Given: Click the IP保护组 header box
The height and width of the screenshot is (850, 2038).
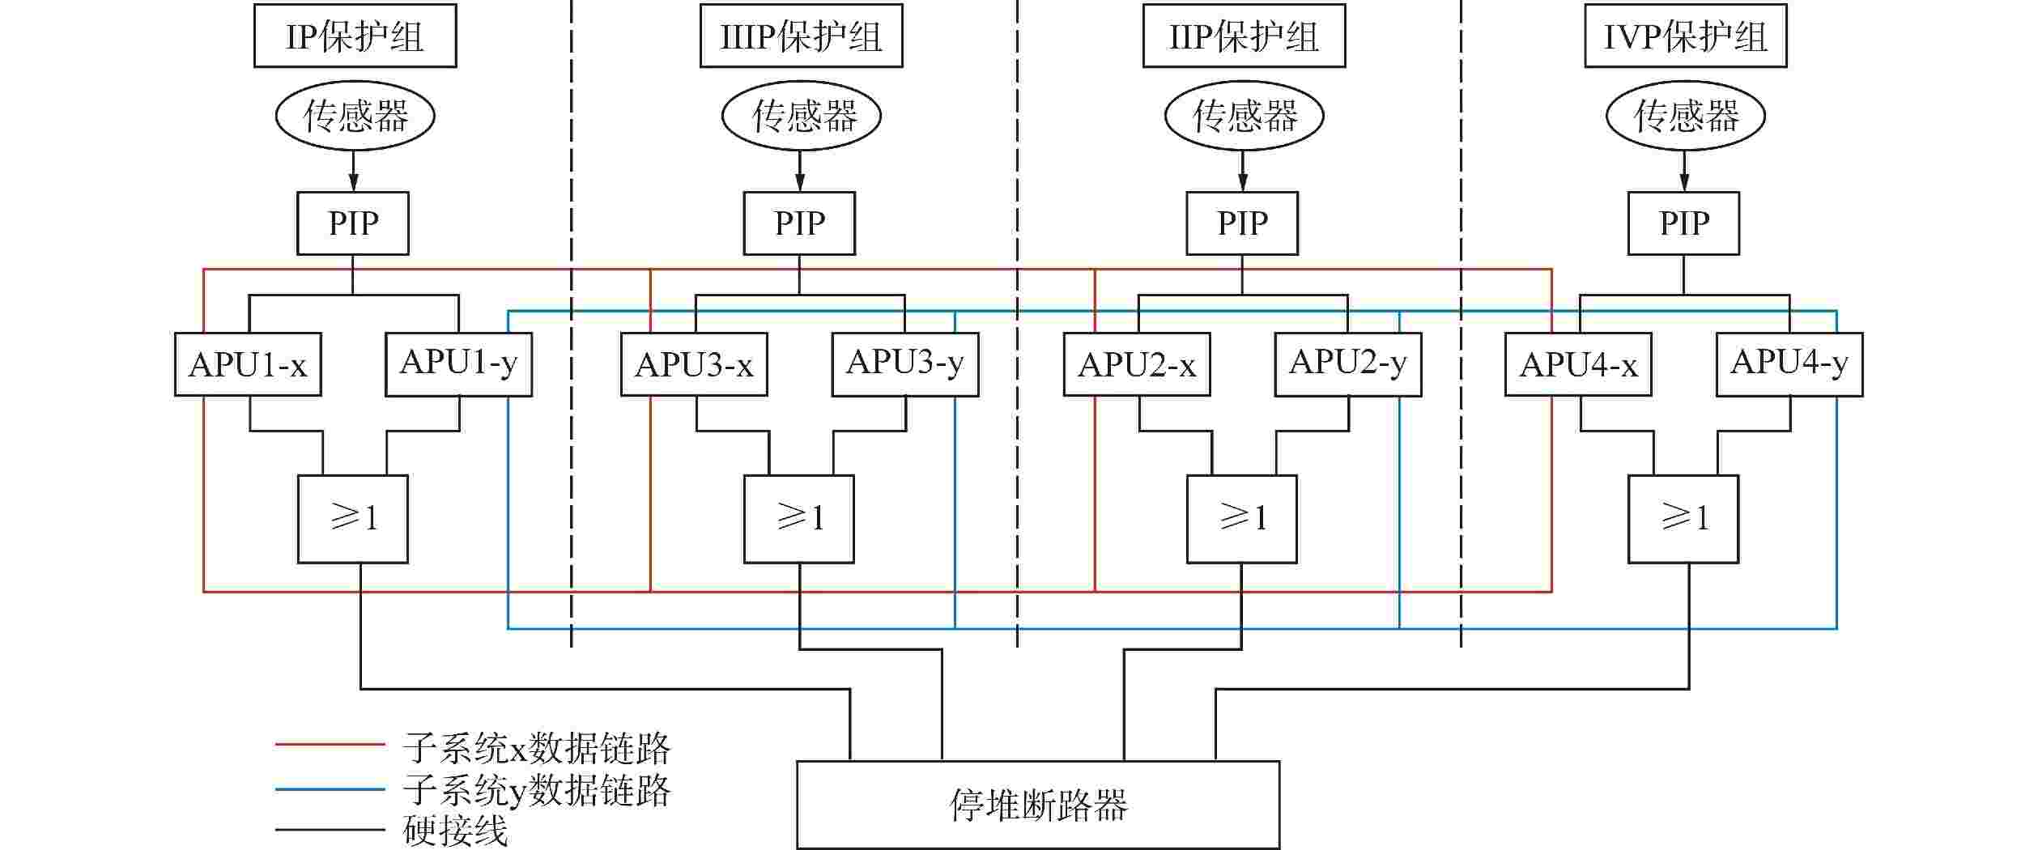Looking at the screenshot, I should pyautogui.click(x=355, y=36).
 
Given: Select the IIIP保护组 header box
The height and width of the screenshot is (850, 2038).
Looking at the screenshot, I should pyautogui.click(x=801, y=36).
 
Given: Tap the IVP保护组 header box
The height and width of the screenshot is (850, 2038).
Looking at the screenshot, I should pyautogui.click(x=1685, y=36).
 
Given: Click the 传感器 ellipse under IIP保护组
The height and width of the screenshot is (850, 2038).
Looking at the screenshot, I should pyautogui.click(x=1244, y=116).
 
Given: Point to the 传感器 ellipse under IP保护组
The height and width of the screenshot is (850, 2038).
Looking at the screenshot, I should pyautogui.click(x=355, y=116).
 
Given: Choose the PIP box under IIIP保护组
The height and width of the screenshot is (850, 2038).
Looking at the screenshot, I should pyautogui.click(x=799, y=223).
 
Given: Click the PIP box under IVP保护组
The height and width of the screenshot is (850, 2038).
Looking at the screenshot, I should pyautogui.click(x=1683, y=223).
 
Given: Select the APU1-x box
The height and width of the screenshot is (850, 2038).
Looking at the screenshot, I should pyautogui.click(x=248, y=364).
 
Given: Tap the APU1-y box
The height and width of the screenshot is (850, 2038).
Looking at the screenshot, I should pyautogui.click(x=458, y=364).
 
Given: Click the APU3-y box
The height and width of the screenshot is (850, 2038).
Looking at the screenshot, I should pyautogui.click(x=905, y=364).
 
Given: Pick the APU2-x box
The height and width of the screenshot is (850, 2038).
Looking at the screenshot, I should pyautogui.click(x=1137, y=364).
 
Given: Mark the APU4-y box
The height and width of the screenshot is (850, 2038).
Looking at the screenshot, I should pyautogui.click(x=1789, y=364).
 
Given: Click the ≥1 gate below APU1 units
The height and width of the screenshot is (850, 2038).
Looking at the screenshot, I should pyautogui.click(x=353, y=519).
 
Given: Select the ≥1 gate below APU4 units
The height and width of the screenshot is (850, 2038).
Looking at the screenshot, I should pyautogui.click(x=1683, y=519).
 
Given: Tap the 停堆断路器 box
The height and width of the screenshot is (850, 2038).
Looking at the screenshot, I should pyautogui.click(x=1038, y=805).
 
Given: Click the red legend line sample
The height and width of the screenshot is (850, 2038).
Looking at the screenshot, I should pyautogui.click(x=330, y=744).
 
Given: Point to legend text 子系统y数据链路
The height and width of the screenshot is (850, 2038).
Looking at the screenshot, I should pyautogui.click(x=537, y=790).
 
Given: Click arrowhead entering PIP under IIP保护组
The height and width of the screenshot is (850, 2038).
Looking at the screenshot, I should pyautogui.click(x=1243, y=184).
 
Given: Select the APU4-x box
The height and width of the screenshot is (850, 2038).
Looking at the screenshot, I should pyautogui.click(x=1578, y=364).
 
